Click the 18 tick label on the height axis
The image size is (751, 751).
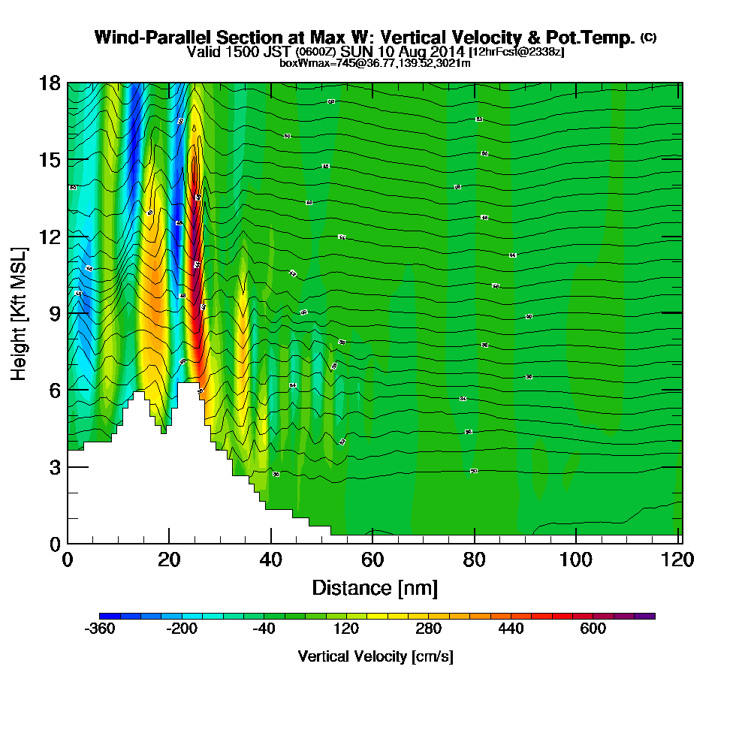pos(50,83)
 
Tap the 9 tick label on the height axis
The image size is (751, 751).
pos(55,313)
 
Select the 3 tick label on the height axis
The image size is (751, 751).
pos(55,466)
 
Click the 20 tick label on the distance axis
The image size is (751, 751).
pos(169,559)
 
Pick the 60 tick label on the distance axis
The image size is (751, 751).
pos(372,559)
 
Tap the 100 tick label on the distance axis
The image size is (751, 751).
pos(576,559)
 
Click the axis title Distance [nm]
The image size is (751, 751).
pos(375,587)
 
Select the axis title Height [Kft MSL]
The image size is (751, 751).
pos(18,312)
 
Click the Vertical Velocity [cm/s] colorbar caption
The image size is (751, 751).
pos(375,656)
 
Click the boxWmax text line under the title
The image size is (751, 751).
pos(375,63)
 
